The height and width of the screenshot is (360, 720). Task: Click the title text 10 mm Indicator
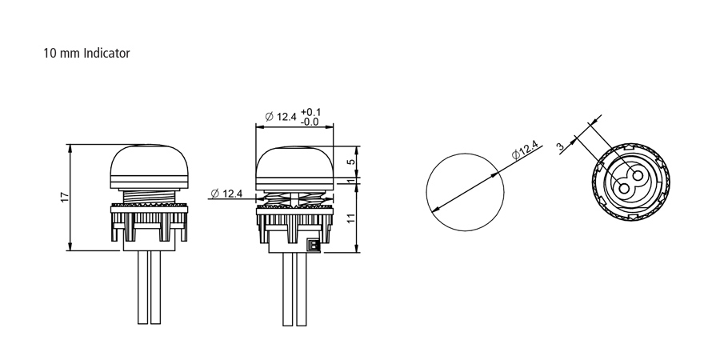(86, 54)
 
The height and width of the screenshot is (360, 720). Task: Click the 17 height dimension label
(65, 198)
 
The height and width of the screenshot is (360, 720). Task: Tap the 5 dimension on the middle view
(351, 162)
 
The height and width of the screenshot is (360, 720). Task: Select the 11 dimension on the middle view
(351, 218)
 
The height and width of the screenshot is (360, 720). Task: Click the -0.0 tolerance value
(310, 122)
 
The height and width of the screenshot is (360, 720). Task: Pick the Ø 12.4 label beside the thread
(226, 194)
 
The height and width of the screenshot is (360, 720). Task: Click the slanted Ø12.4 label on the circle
(525, 150)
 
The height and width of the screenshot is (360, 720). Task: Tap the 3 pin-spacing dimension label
(560, 147)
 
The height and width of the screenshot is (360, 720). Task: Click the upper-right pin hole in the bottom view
(637, 175)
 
